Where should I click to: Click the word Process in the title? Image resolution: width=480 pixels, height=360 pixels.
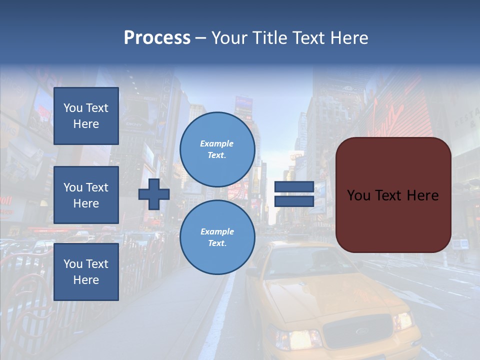point(157,38)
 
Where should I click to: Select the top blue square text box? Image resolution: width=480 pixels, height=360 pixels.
point(86,116)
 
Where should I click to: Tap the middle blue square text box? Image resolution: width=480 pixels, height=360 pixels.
point(86,195)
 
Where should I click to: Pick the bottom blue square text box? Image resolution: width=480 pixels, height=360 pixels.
point(86,271)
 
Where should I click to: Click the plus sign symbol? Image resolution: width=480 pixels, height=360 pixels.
point(154,194)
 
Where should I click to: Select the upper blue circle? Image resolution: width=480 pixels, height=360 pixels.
point(217,149)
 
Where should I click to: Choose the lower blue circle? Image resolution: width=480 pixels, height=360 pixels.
point(217,237)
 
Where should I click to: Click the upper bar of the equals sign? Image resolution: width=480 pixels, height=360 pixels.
point(294,187)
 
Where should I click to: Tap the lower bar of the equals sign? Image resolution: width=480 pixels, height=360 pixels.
point(294,201)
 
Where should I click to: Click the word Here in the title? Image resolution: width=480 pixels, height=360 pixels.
point(349,38)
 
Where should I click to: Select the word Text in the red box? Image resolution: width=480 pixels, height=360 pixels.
point(393,195)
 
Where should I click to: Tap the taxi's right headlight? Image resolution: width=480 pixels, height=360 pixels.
point(402,320)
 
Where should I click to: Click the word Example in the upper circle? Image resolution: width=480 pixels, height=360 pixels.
point(217,143)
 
